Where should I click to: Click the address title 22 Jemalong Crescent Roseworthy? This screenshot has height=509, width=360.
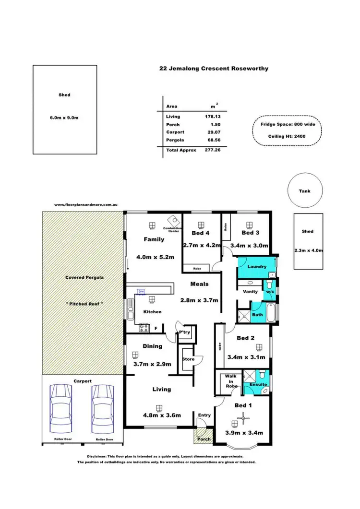pos(214,69)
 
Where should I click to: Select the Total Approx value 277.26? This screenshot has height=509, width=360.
pos(213,150)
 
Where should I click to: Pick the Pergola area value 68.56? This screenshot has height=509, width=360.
pos(213,140)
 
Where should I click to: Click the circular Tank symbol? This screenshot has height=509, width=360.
pos(304,191)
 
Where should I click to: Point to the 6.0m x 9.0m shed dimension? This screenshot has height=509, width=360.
pos(64,118)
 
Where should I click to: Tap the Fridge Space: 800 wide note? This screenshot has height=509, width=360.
pos(287,124)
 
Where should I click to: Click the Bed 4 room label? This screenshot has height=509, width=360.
pos(201,233)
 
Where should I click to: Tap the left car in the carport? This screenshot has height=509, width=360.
pos(61,406)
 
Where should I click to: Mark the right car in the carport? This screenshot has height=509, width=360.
pos(102,406)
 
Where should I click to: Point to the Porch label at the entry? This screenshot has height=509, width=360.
pos(204,439)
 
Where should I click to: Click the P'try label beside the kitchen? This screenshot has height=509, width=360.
pos(185,332)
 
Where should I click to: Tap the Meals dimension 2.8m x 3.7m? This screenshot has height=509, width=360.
pos(199,300)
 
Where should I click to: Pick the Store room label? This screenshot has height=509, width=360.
pos(188,359)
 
